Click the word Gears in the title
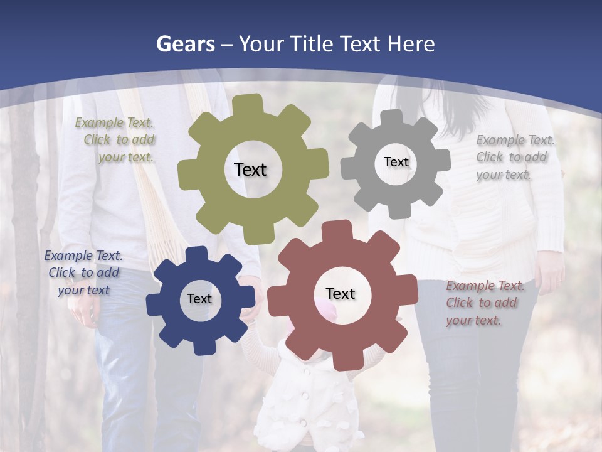coord(185,44)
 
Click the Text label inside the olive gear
coord(250,169)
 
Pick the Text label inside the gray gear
coord(396,162)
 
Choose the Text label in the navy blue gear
coord(199,299)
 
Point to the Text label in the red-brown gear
coord(341,293)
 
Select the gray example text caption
coord(514,157)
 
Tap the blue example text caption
coord(83,272)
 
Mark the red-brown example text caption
coord(484,303)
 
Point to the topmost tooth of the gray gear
coord(392,118)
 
